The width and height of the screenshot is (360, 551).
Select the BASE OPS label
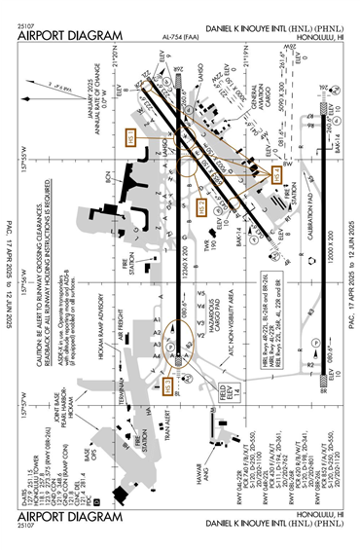tap(90, 455)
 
